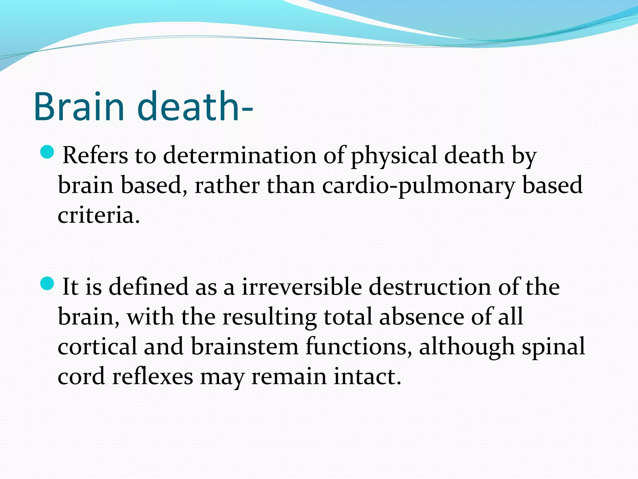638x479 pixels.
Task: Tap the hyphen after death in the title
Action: tap(247, 110)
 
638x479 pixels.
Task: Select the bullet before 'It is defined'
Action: tap(47, 283)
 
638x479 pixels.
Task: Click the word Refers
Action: tap(95, 155)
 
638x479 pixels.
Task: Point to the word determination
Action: tap(240, 155)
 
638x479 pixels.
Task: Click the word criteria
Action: tap(98, 215)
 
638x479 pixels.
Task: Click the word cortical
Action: tap(97, 346)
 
